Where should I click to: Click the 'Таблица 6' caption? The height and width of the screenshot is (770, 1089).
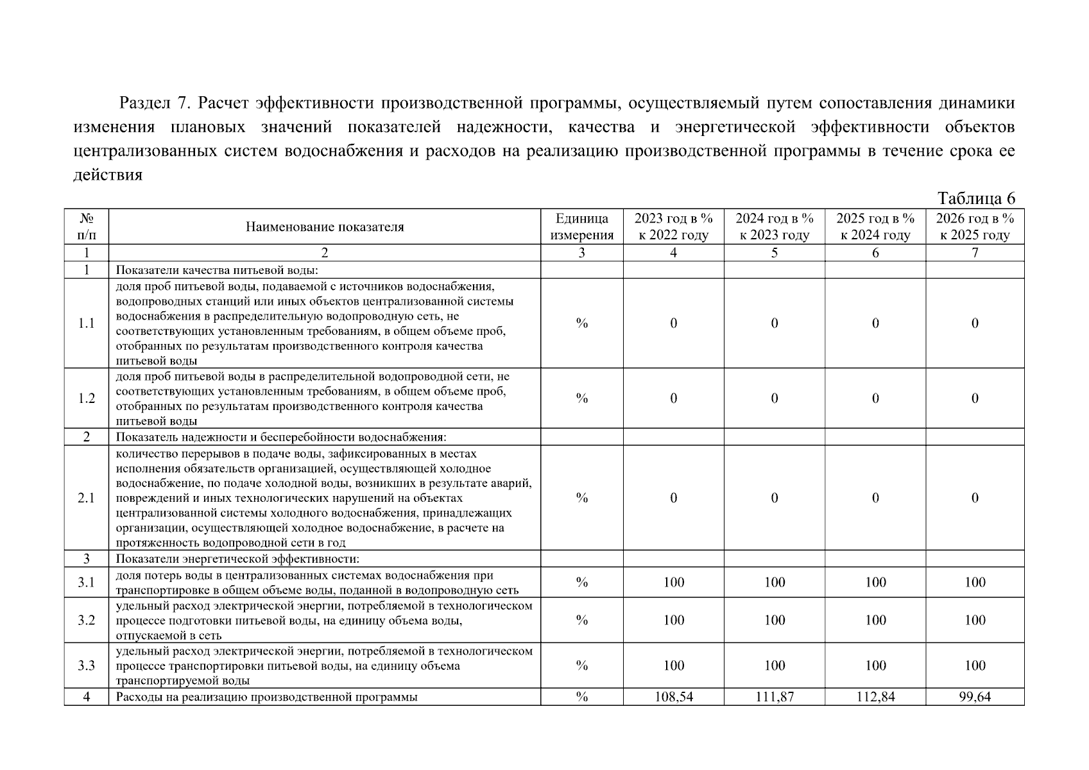976,198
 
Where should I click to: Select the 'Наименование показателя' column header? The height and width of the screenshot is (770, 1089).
325,227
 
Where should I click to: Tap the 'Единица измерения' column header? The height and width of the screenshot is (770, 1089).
581,227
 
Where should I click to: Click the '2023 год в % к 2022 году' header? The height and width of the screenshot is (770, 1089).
673,227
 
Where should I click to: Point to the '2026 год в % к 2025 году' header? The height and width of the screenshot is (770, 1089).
975,227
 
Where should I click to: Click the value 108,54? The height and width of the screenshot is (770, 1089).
673,697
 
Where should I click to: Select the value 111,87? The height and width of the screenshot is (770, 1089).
775,697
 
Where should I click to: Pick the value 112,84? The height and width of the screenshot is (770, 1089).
875,697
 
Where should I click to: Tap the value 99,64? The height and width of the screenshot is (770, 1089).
975,697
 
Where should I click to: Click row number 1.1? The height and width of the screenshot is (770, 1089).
86,323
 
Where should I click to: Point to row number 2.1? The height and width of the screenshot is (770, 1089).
86,498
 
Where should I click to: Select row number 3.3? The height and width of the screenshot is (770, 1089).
86,665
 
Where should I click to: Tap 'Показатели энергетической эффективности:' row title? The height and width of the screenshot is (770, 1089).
237,559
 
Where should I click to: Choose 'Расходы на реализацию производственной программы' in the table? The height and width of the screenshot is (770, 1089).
266,697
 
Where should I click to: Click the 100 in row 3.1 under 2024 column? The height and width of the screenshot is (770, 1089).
775,583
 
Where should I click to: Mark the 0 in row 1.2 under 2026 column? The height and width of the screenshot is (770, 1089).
975,398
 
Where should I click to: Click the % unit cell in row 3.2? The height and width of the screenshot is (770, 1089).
581,620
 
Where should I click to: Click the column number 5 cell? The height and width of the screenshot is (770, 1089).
775,253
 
